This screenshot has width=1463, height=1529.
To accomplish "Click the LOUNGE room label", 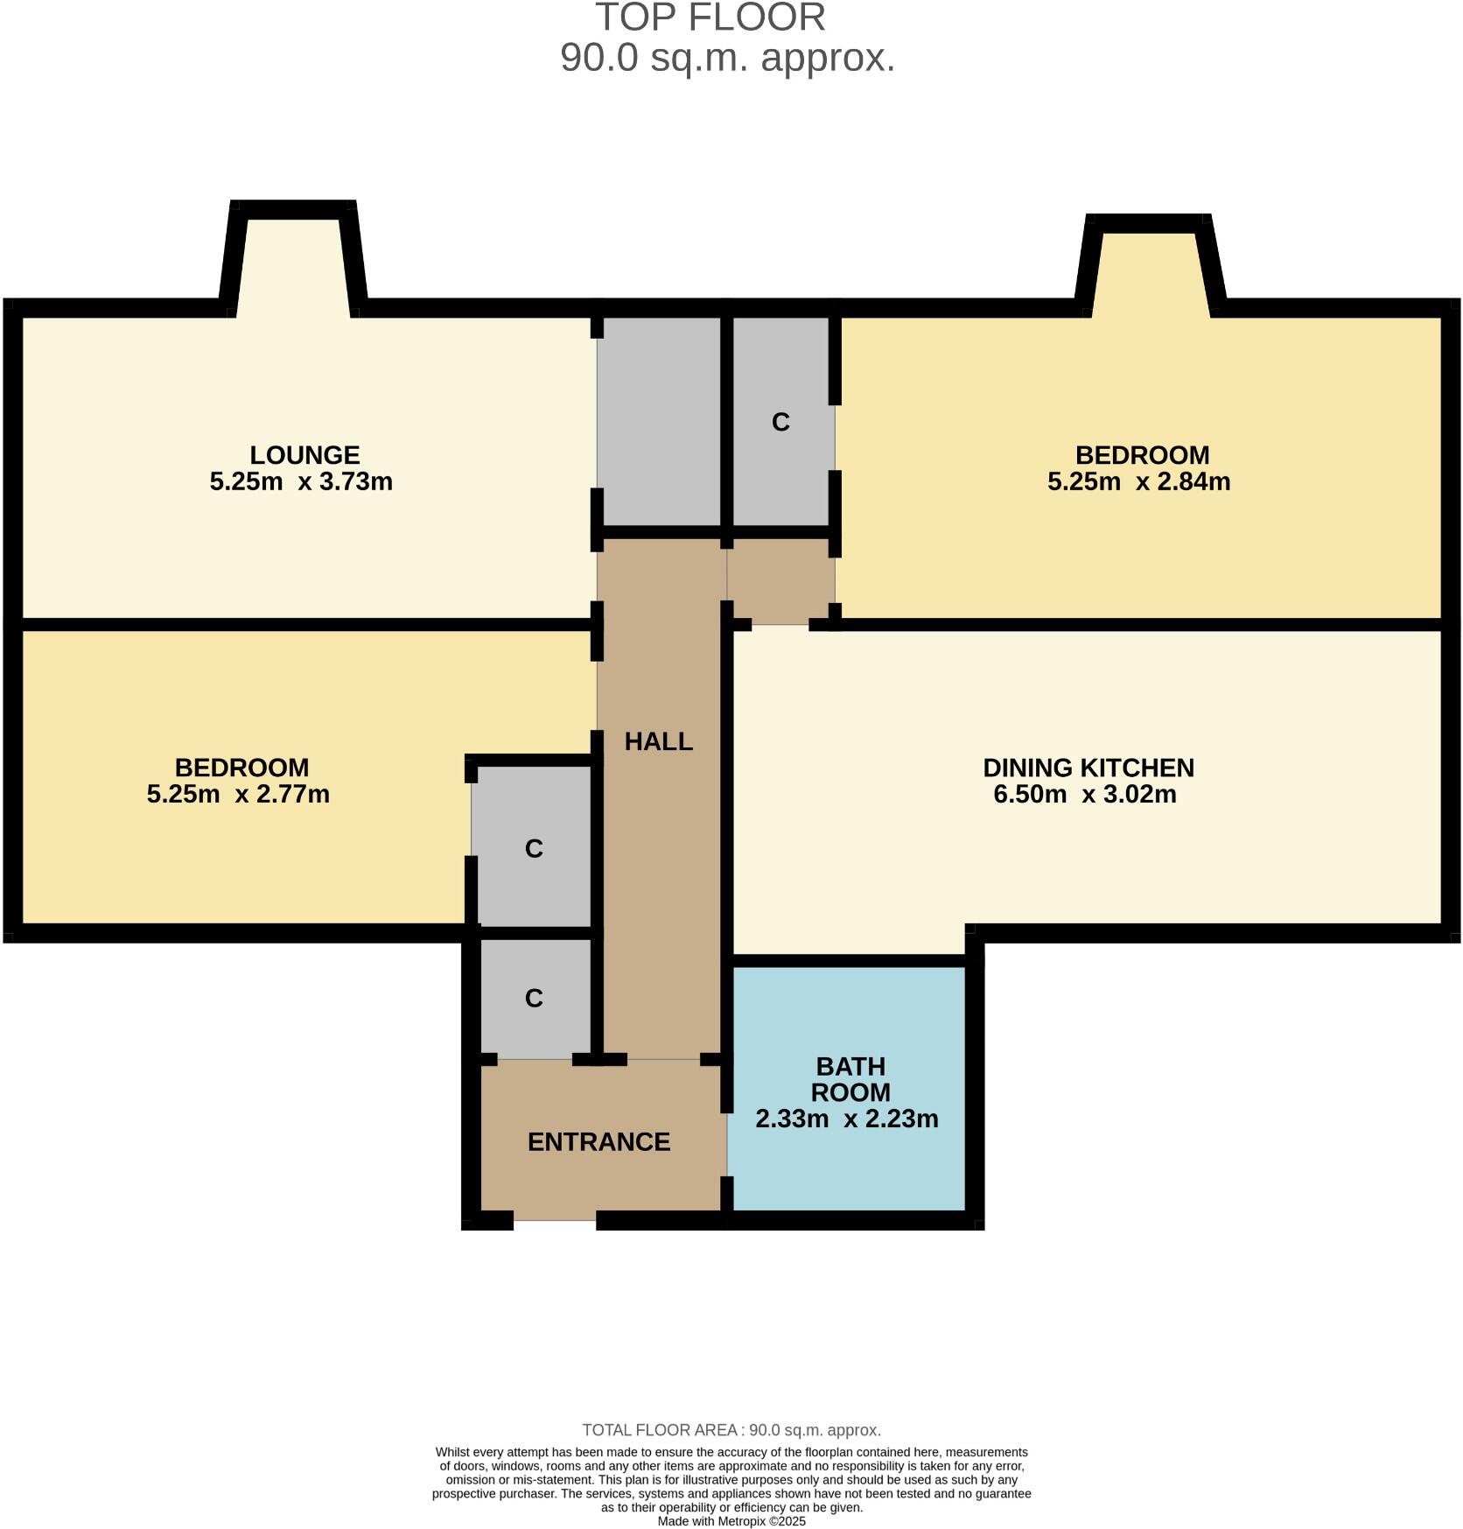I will (x=304, y=455).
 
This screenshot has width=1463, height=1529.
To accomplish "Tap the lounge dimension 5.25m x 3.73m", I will (x=301, y=482).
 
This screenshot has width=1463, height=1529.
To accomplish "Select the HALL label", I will (x=658, y=742).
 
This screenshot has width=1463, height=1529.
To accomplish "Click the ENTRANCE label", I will (x=598, y=1142).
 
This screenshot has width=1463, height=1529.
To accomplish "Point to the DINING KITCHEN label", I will (x=1088, y=768).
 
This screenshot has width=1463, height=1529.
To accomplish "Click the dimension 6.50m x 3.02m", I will (x=1084, y=795).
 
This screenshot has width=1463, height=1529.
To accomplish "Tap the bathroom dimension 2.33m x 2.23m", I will (x=846, y=1119).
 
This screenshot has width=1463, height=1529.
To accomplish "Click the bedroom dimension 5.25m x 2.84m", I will (x=1138, y=482).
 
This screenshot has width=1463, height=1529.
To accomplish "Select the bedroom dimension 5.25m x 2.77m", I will (x=238, y=795).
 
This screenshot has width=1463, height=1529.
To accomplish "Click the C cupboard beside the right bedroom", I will (x=780, y=423).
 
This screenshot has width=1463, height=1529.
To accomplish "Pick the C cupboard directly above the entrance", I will (x=534, y=999).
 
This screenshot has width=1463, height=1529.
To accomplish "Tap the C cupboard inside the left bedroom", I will (x=534, y=849).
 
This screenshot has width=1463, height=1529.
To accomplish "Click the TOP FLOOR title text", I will (x=710, y=18).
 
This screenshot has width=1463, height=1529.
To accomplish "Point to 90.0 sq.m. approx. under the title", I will (x=727, y=59).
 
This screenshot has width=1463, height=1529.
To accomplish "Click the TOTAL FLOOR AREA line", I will (x=731, y=1430).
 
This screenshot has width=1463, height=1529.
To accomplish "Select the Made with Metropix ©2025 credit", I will (x=731, y=1521).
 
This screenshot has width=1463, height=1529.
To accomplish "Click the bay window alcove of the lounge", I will (x=293, y=263).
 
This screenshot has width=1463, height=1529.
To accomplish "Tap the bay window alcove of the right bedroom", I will (x=1149, y=271).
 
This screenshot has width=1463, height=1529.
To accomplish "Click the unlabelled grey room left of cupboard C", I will (x=659, y=420).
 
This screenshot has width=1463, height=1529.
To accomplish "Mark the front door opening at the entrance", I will (x=555, y=1219).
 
